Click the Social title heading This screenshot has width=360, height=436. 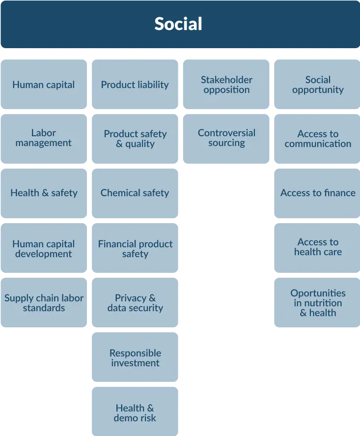point(178,24)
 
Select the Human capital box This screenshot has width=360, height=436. point(44,85)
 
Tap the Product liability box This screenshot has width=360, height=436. point(135,85)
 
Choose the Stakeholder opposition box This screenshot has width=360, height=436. point(226,85)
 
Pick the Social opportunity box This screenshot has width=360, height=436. point(318,85)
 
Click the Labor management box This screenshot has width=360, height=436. point(44,138)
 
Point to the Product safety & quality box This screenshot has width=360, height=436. point(135,139)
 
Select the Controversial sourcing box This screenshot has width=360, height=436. point(226,138)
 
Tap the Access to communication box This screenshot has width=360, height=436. point(318,139)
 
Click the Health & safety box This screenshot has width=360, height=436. point(44,193)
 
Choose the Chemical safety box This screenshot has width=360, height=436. point(135,193)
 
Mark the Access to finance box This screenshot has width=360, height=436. point(318,193)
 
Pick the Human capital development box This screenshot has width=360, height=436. point(44,249)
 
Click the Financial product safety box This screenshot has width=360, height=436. point(135,249)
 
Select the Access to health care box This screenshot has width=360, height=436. point(318,247)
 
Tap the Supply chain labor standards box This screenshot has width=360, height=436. point(44,303)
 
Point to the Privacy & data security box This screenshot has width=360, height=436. point(135,303)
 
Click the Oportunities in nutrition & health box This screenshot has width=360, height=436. point(318,303)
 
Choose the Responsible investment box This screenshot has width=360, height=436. point(135,358)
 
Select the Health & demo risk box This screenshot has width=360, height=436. point(135,413)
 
